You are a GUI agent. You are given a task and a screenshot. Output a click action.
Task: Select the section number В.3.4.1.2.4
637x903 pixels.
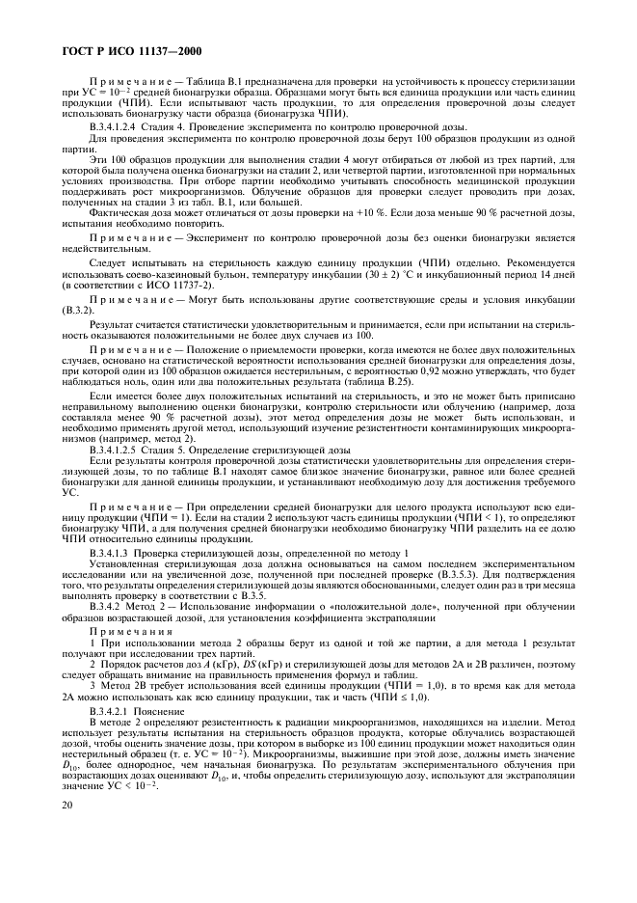tap(119, 127)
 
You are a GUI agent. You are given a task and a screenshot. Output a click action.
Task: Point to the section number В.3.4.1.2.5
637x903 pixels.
tap(119, 450)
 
